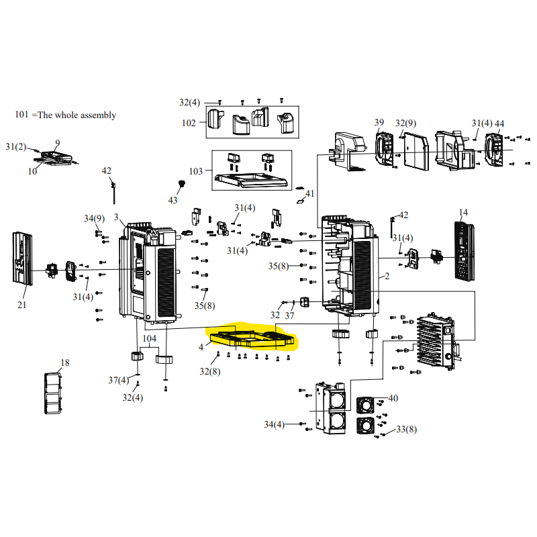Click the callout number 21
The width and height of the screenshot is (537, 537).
pyautogui.click(x=22, y=304)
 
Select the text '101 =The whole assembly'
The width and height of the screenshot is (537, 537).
pyautogui.click(x=65, y=115)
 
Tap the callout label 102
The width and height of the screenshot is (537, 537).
pyautogui.click(x=189, y=123)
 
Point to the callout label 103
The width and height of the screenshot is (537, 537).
pyautogui.click(x=195, y=171)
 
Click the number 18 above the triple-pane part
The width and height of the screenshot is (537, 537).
pyautogui.click(x=64, y=363)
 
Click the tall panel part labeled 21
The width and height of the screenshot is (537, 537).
pyautogui.click(x=21, y=258)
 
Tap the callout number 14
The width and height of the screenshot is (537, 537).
pyautogui.click(x=462, y=213)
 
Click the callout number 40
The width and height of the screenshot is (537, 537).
pyautogui.click(x=393, y=398)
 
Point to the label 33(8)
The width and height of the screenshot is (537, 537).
pyautogui.click(x=406, y=429)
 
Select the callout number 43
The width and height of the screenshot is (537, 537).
pyautogui.click(x=173, y=201)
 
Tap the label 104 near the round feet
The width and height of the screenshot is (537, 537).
pyautogui.click(x=149, y=338)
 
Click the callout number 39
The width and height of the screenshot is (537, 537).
pyautogui.click(x=379, y=123)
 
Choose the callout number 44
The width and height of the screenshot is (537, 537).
pyautogui.click(x=499, y=124)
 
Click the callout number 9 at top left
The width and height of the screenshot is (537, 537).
pyautogui.click(x=58, y=143)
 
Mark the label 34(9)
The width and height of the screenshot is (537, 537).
pyautogui.click(x=94, y=218)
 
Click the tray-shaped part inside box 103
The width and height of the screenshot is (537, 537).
pyautogui.click(x=252, y=179)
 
